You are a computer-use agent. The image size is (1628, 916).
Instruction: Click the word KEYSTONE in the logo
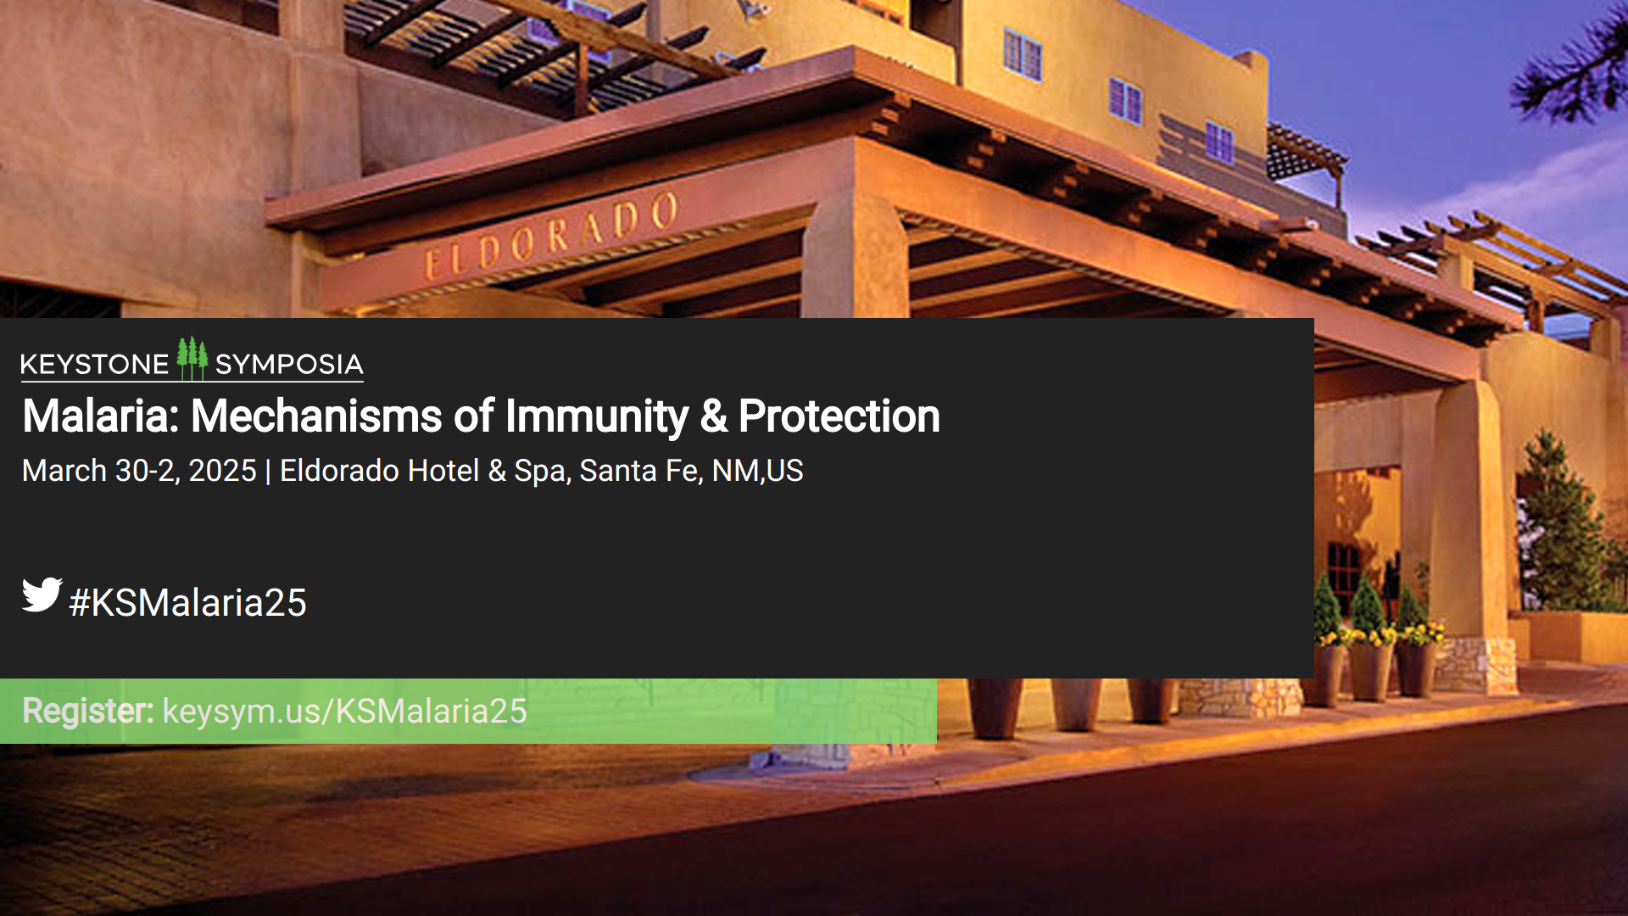pyautogui.click(x=94, y=365)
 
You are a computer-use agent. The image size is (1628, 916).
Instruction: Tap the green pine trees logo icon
pyautogui.click(x=192, y=359)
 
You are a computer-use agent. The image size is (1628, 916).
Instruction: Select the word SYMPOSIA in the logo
pyautogui.click(x=289, y=365)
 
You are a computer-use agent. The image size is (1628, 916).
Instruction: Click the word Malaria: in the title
pyautogui.click(x=101, y=416)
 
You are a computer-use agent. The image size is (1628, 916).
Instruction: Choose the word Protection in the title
pyautogui.click(x=839, y=416)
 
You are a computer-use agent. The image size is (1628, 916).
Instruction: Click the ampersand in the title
pyautogui.click(x=714, y=416)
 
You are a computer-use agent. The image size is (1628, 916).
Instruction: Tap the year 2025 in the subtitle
pyautogui.click(x=222, y=471)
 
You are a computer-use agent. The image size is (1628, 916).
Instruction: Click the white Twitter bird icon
pyautogui.click(x=42, y=595)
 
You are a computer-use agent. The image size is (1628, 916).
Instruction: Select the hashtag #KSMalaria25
pyautogui.click(x=187, y=602)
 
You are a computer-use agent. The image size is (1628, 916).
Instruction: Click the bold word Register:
pyautogui.click(x=88, y=711)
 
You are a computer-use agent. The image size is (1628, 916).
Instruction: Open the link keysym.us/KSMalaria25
pyautogui.click(x=345, y=711)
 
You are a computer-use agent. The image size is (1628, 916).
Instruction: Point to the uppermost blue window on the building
pyautogui.click(x=1022, y=53)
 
